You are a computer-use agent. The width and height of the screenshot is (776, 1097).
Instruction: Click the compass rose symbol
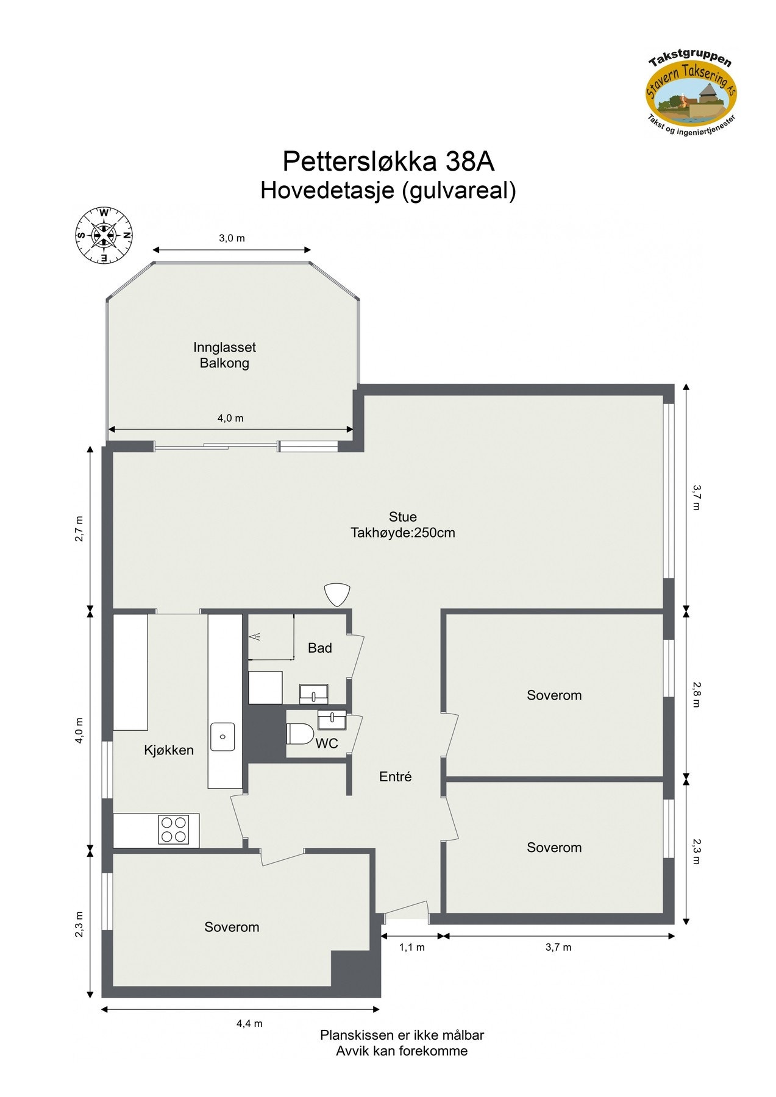point(104,235)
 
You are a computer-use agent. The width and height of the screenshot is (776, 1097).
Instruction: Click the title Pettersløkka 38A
point(388,162)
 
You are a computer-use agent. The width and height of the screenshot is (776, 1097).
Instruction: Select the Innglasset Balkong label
point(224,355)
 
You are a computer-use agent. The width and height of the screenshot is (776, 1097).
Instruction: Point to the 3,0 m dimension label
point(232,238)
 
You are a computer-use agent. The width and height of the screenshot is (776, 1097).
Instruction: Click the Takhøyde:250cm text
point(402,533)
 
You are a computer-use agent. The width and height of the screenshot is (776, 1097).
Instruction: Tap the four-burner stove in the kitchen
point(173,829)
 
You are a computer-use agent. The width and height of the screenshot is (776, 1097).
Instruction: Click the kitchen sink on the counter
point(222,736)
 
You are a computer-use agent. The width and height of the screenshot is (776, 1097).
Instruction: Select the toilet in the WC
point(299,734)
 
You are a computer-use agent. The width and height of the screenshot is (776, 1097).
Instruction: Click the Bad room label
point(319,648)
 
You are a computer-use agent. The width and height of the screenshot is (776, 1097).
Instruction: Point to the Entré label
point(395,776)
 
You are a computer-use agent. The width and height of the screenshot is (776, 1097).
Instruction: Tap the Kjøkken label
point(169,750)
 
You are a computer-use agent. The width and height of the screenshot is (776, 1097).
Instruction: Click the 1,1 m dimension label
point(412,947)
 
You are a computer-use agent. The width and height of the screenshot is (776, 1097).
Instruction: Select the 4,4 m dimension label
point(249,1023)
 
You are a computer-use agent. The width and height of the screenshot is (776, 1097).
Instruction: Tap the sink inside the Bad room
point(313,694)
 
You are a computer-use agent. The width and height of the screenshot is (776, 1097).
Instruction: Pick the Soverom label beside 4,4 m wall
point(232,927)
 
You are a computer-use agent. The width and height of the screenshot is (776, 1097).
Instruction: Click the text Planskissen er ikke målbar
point(402,1035)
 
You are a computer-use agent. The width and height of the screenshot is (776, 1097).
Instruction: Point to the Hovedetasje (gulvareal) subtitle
point(388,191)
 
